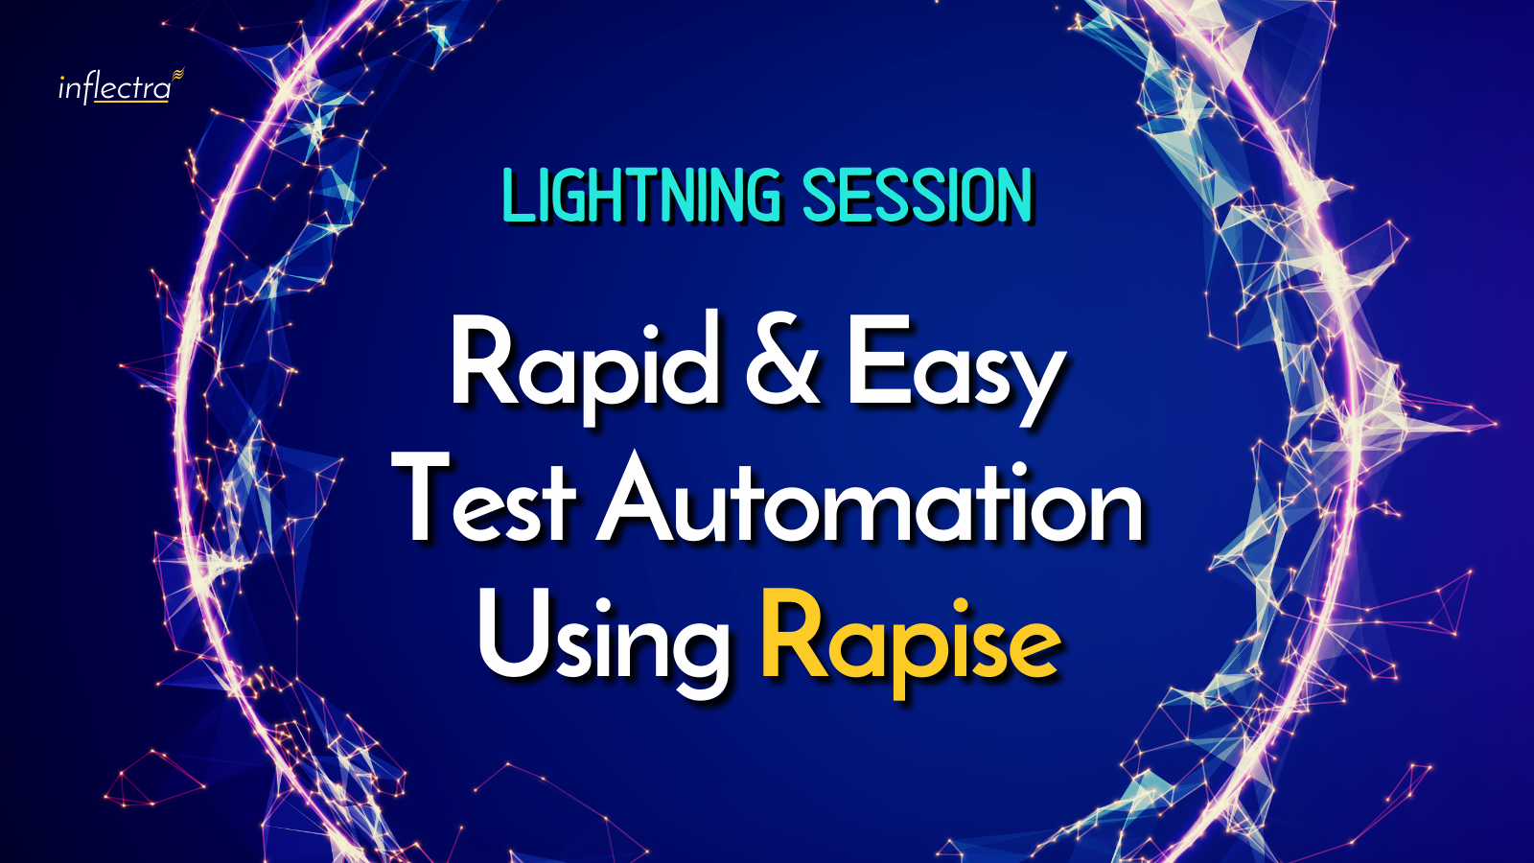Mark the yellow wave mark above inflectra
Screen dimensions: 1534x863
coord(178,73)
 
